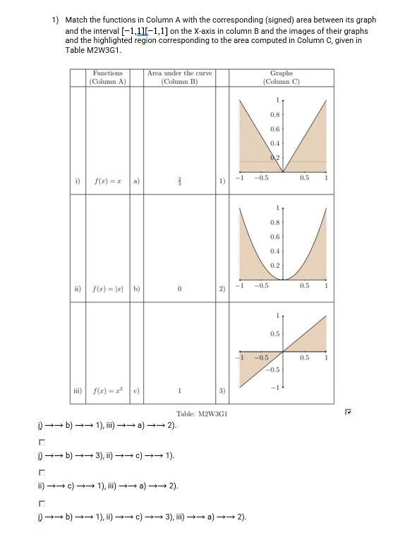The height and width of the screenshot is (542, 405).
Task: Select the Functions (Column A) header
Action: coord(107,77)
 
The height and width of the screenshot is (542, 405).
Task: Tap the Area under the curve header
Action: coord(179,77)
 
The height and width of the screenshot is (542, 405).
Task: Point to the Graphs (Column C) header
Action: coord(281,77)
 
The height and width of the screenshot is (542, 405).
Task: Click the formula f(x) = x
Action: coord(109,182)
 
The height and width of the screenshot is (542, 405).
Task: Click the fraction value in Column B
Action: coord(181,182)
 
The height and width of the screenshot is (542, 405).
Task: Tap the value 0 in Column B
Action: coord(180,290)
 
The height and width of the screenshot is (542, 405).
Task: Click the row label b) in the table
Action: coord(136,290)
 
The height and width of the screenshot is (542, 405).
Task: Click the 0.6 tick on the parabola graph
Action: coord(274,237)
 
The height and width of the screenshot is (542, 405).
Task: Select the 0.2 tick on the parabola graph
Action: coord(274,265)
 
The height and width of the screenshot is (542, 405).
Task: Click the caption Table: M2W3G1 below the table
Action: coord(200,415)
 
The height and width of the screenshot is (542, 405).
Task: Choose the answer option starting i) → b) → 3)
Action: coord(106,455)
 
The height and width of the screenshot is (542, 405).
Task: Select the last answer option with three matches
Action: coord(142,517)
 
